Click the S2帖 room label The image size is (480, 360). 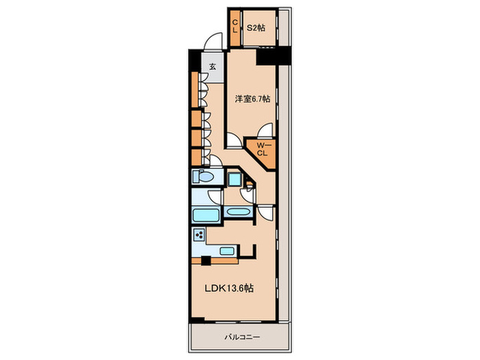[x=256, y=28]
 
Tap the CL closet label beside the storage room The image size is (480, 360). [x=235, y=26]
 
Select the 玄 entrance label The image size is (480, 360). [x=213, y=66]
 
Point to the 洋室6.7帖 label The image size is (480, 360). [x=252, y=99]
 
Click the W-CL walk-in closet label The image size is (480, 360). [x=261, y=149]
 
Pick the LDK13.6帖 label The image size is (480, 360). [x=229, y=288]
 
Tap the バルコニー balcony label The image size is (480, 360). [x=242, y=337]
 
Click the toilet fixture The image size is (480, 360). [x=203, y=177]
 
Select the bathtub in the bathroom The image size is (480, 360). [x=206, y=215]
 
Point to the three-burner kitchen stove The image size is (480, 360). [x=200, y=235]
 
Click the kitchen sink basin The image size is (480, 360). [x=227, y=251]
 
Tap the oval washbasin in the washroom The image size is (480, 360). [x=239, y=211]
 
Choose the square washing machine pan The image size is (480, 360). [x=235, y=179]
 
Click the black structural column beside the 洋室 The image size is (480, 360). [x=273, y=56]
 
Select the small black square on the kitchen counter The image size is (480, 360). [x=206, y=261]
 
